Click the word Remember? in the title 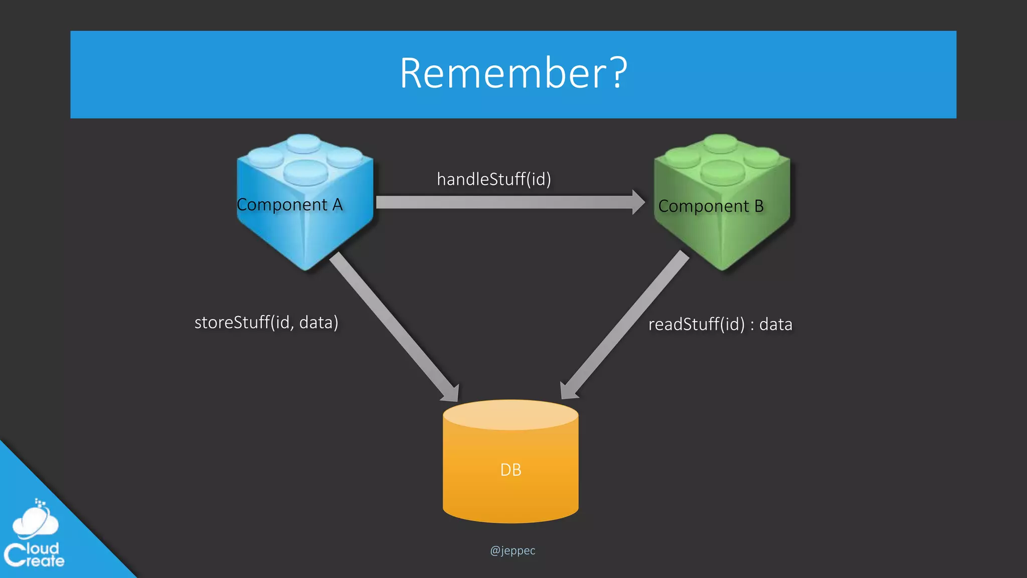(512, 74)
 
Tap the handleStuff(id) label (493, 179)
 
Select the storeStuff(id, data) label (266, 322)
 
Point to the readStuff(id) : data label (720, 324)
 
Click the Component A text (289, 205)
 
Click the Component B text (711, 206)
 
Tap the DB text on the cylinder (510, 470)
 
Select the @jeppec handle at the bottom (512, 550)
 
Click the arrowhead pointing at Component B (638, 202)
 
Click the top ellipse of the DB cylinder (510, 414)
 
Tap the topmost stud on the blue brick (304, 142)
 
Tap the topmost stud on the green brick (721, 142)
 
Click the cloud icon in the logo (35, 522)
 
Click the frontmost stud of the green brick (722, 172)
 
